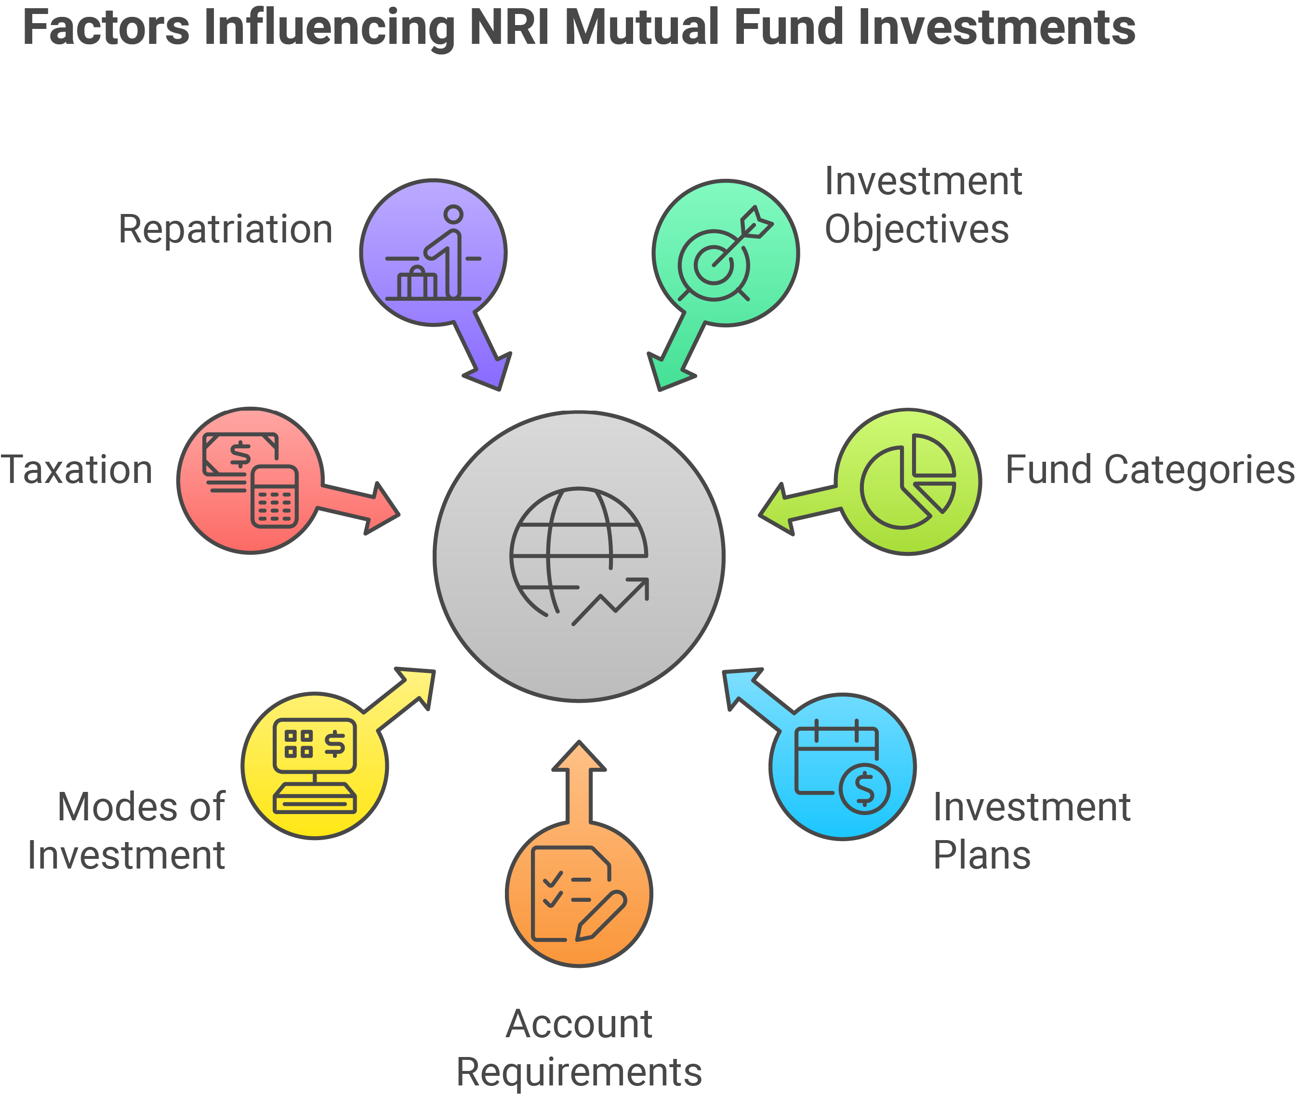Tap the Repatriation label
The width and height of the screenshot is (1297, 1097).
pos(225,229)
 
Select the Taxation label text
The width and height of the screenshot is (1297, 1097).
pos(77,469)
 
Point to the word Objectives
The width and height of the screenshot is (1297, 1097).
pos(917,229)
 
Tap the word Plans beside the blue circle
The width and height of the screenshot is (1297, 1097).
pos(982,855)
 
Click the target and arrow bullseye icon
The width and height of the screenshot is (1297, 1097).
pos(725,254)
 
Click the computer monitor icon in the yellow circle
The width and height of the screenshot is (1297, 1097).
pos(315,766)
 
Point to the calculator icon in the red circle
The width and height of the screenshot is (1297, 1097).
pos(275,496)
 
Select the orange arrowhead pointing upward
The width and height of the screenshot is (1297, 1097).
pos(579,756)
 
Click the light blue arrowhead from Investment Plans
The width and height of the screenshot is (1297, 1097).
pos(740,686)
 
